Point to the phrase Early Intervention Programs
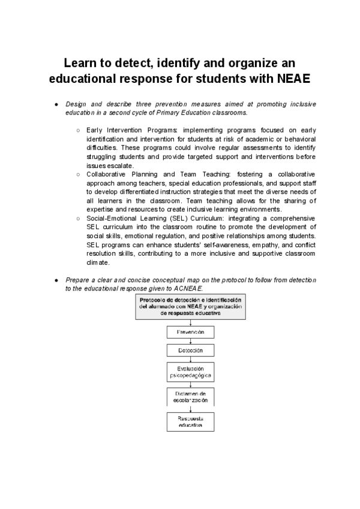tap(124, 130)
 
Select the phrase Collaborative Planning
tap(123, 174)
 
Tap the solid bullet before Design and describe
tap(55, 104)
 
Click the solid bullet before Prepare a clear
tap(55, 280)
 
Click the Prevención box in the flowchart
tap(190, 332)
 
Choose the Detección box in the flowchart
tap(190, 350)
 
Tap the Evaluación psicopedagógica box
tap(190, 372)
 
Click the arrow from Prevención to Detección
tap(190, 341)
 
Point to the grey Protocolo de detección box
tap(190, 306)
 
